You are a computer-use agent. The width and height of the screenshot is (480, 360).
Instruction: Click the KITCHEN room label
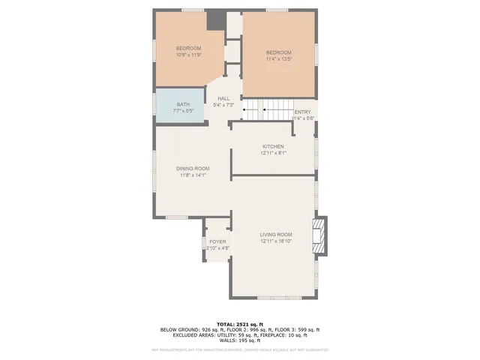tap(273, 145)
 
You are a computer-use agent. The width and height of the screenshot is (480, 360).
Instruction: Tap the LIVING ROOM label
tap(274, 235)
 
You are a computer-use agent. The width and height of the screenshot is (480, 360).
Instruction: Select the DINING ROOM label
tap(193, 168)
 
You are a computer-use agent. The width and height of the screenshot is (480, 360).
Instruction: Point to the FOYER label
tap(217, 241)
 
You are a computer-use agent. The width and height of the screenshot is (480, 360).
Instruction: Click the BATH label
tap(183, 104)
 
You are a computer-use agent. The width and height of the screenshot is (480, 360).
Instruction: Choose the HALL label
tap(223, 98)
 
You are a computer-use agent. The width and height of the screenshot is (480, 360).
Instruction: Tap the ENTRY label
tap(302, 112)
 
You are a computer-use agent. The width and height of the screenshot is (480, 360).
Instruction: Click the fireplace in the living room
tap(321, 234)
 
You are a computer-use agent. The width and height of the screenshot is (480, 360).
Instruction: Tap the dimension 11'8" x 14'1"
tap(193, 175)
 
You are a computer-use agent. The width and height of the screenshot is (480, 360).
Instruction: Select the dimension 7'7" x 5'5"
tap(183, 111)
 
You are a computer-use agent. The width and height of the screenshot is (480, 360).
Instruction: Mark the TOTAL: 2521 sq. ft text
tap(239, 323)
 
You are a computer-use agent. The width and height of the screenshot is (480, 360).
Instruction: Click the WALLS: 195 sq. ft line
tap(239, 341)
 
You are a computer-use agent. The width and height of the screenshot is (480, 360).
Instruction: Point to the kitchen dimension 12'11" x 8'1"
tap(274, 152)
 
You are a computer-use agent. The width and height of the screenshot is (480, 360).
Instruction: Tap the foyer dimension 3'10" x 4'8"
tap(217, 248)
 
